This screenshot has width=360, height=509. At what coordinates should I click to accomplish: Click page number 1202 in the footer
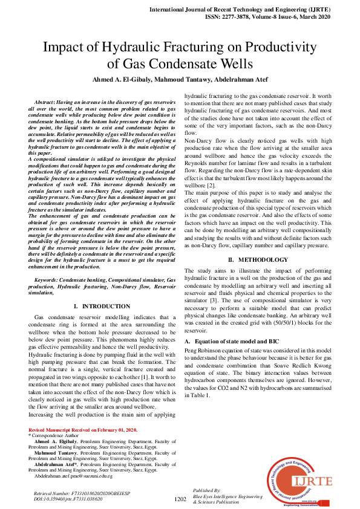180,499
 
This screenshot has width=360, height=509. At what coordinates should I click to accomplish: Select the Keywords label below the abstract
50,280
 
